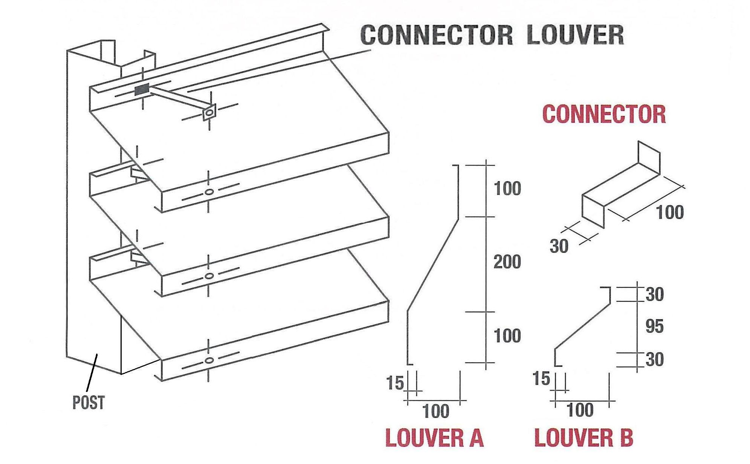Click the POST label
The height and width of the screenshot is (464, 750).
tap(88, 403)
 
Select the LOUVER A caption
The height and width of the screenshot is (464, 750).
tap(434, 438)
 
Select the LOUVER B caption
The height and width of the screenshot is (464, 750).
tap(584, 438)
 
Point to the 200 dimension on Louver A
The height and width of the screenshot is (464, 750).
tap(507, 262)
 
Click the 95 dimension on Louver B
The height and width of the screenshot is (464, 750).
tap(654, 326)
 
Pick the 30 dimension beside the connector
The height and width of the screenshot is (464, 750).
tap(559, 246)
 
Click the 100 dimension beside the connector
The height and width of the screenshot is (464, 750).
tap(670, 213)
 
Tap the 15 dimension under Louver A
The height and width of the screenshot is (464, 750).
tap(395, 383)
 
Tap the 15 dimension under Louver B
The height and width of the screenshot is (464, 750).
tap(541, 378)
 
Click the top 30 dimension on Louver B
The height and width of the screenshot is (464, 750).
tap(654, 294)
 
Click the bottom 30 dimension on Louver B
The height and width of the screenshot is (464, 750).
tap(654, 359)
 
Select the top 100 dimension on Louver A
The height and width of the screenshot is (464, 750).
tap(507, 188)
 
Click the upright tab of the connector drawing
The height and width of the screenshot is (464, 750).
tap(649, 158)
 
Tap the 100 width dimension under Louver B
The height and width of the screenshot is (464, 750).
tap(580, 410)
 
